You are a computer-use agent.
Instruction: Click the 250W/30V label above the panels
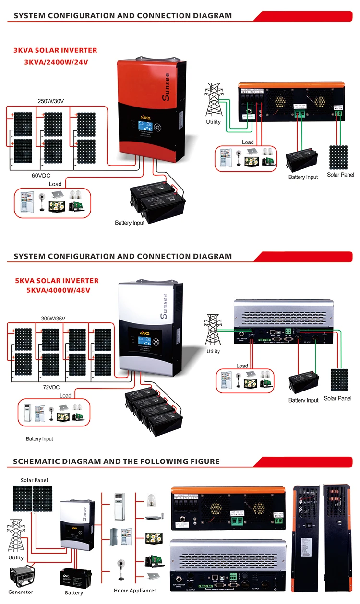pos(51,101)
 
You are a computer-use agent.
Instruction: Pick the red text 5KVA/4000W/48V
pos(59,290)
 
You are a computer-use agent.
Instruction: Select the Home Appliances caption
pos(135,591)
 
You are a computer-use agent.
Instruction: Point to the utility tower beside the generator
pos(15,536)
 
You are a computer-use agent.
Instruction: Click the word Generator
pos(21,592)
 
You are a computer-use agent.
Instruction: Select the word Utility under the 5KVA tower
pos(213,351)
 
